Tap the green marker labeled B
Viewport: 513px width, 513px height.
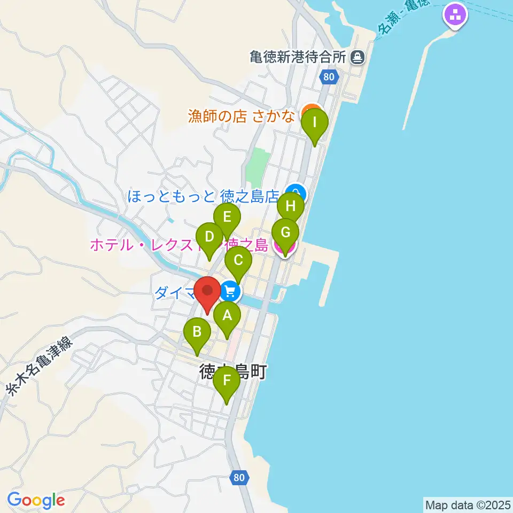pyautogui.click(x=197, y=332)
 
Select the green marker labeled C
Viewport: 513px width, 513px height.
pyautogui.click(x=238, y=261)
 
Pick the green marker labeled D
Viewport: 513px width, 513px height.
pyautogui.click(x=209, y=237)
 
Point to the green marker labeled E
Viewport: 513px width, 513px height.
pyautogui.click(x=227, y=217)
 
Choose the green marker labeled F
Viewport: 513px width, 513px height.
pyautogui.click(x=227, y=381)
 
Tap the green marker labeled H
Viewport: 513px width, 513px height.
pyautogui.click(x=291, y=206)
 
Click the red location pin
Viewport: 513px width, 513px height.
pyautogui.click(x=207, y=292)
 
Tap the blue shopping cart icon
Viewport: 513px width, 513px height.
pyautogui.click(x=230, y=292)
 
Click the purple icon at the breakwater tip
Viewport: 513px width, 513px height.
pyautogui.click(x=455, y=15)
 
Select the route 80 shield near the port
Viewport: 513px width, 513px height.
pyautogui.click(x=329, y=77)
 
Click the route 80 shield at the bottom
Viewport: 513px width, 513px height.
pyautogui.click(x=240, y=477)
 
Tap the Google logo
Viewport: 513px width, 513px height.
pyautogui.click(x=36, y=501)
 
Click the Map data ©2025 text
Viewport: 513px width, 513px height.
pyautogui.click(x=468, y=504)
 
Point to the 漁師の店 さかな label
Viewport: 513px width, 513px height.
pyautogui.click(x=243, y=116)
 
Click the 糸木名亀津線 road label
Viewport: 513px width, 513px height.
pyautogui.click(x=38, y=366)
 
